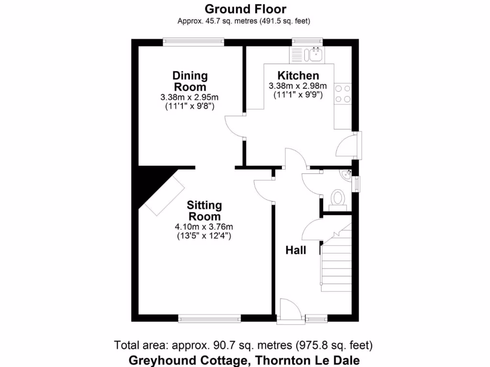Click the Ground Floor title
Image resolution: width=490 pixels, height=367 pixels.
pyautogui.click(x=245, y=9)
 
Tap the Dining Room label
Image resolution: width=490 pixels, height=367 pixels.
pyautogui.click(x=190, y=81)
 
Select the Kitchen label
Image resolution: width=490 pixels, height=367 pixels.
pyautogui.click(x=298, y=76)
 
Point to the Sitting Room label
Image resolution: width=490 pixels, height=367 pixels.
pyautogui.click(x=204, y=211)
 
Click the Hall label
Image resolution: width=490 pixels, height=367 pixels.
pyautogui.click(x=296, y=250)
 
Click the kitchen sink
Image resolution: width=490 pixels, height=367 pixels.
pyautogui.click(x=315, y=54)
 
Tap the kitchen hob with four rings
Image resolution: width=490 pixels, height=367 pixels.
pyautogui.click(x=343, y=94)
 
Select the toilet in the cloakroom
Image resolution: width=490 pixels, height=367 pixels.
pyautogui.click(x=338, y=198)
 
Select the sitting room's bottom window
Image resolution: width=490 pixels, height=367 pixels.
pyautogui.click(x=209, y=318)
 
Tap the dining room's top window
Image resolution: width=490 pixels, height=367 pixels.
pyautogui.click(x=193, y=42)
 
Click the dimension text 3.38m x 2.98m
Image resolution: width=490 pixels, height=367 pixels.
pyautogui.click(x=298, y=86)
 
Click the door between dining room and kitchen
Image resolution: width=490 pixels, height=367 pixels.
pyautogui.click(x=234, y=127)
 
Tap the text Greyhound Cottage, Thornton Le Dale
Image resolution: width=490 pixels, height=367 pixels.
pyautogui.click(x=244, y=360)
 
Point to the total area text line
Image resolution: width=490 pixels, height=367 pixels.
pyautogui.click(x=244, y=345)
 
